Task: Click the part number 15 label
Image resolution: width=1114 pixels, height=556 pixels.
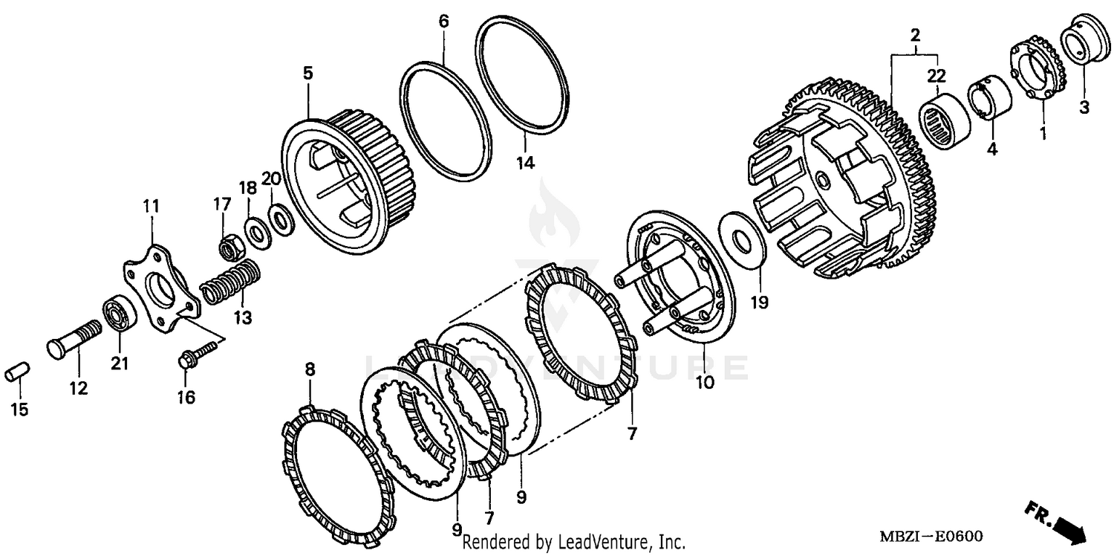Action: click(x=20, y=409)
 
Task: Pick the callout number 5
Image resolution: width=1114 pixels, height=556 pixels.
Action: click(x=307, y=73)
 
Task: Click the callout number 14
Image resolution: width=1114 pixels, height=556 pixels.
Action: click(x=525, y=163)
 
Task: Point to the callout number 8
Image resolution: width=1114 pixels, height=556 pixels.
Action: click(x=310, y=369)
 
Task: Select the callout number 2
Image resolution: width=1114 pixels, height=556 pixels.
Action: click(x=915, y=35)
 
